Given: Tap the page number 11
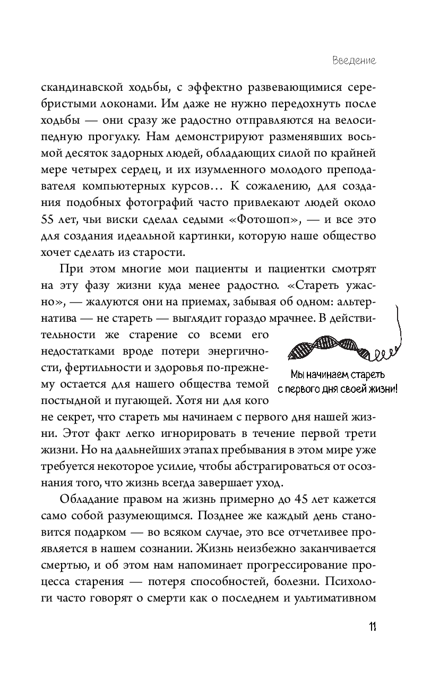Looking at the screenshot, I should pos(372,627).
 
